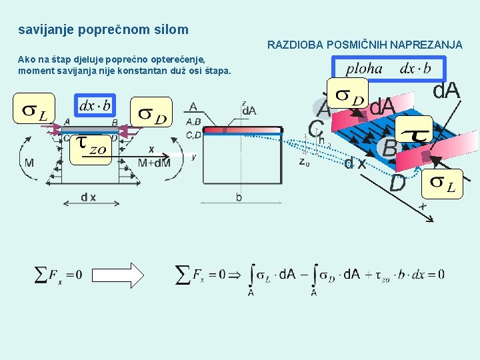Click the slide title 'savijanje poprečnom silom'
(103, 30)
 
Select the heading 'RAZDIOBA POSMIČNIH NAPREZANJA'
(365, 45)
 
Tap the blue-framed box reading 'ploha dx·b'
(388, 69)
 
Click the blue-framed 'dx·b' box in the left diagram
(95, 106)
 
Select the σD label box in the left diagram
(151, 114)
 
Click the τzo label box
(89, 146)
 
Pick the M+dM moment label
(153, 163)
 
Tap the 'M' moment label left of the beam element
(30, 163)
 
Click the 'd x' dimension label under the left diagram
(88, 197)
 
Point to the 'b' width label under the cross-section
(239, 197)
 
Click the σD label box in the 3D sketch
(350, 97)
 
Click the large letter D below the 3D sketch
(397, 182)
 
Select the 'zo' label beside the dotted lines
(304, 161)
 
